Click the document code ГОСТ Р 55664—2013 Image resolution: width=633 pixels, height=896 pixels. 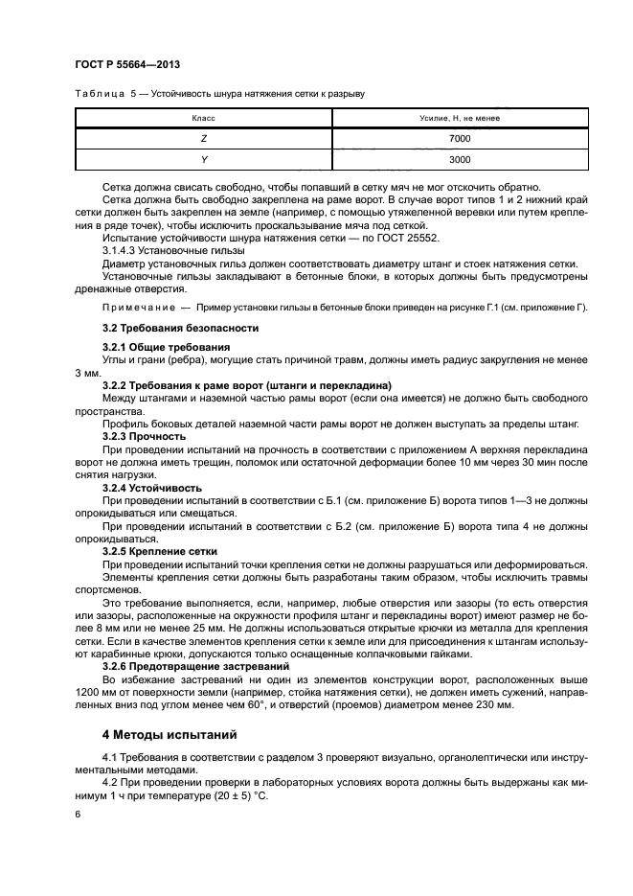pyautogui.click(x=127, y=64)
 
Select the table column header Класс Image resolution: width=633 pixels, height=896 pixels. pyautogui.click(x=203, y=118)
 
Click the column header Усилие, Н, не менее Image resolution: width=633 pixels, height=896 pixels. pyautogui.click(x=460, y=118)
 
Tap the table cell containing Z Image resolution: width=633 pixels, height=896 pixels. pyautogui.click(x=203, y=139)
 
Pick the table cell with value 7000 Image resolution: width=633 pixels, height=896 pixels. pyautogui.click(x=460, y=139)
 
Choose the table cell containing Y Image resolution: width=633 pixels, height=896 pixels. pyautogui.click(x=203, y=160)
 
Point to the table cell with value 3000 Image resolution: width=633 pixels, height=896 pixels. pyautogui.click(x=460, y=160)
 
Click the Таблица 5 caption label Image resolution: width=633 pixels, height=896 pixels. pyautogui.click(x=105, y=94)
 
